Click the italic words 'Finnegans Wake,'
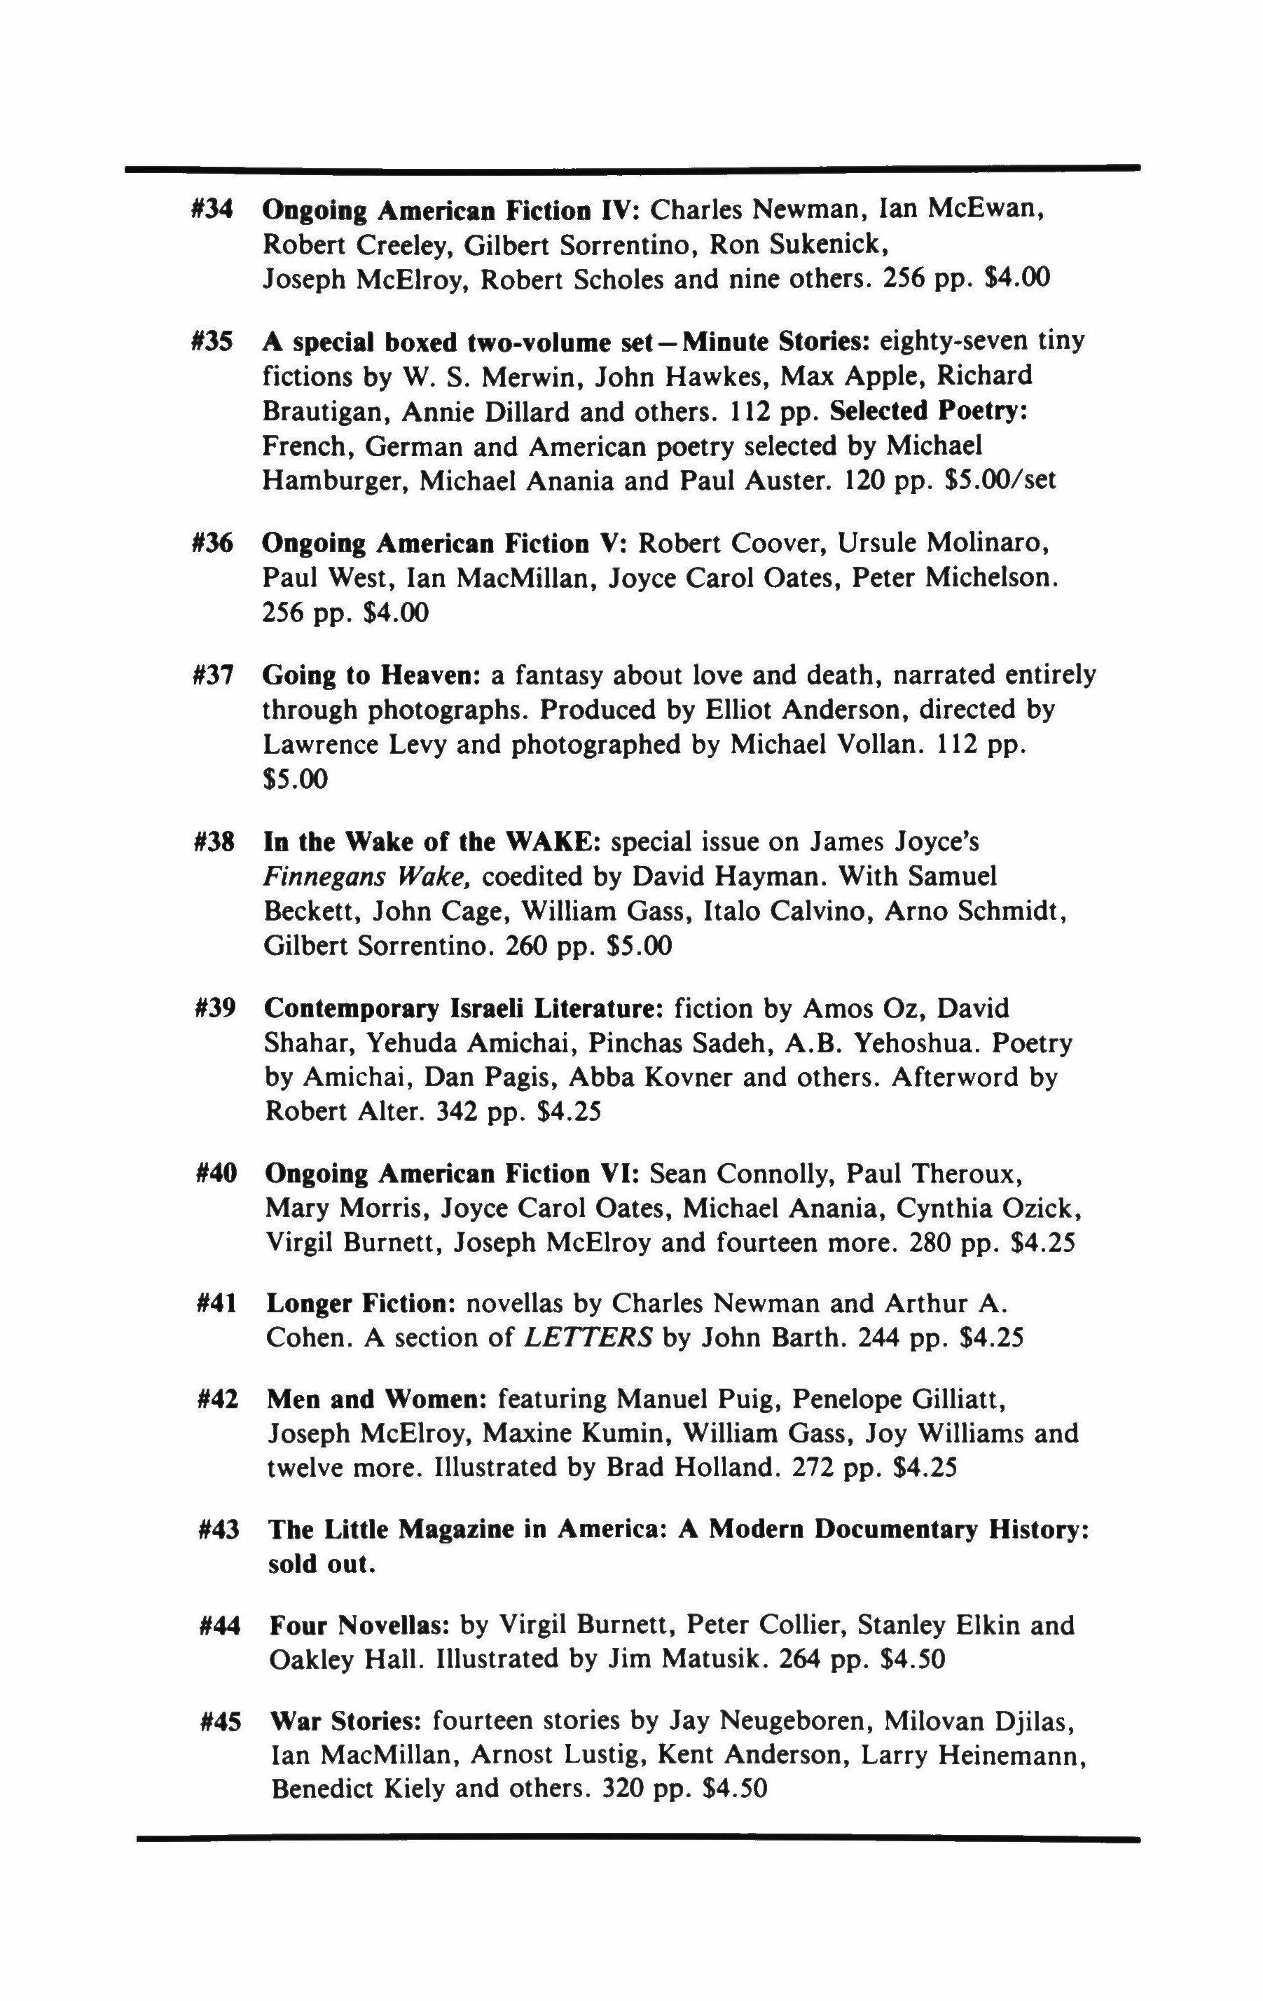click(x=368, y=876)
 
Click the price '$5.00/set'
click(x=1001, y=481)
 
